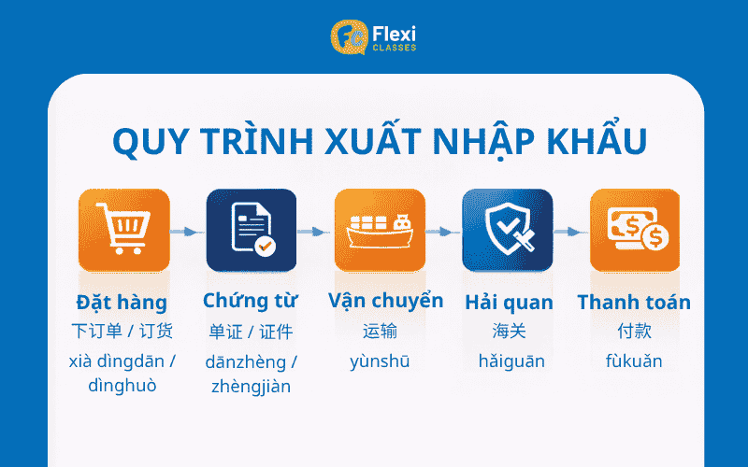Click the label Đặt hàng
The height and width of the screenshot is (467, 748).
122,302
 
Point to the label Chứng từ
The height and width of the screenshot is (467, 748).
251,301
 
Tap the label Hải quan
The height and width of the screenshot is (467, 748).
509,303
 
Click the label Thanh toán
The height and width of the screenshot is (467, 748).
634,302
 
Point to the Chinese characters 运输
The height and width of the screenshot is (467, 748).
380,331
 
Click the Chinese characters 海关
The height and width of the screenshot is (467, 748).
509,331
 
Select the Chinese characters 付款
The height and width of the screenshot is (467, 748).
634,331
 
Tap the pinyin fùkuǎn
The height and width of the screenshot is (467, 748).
634,361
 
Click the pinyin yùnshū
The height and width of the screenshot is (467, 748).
380,361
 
